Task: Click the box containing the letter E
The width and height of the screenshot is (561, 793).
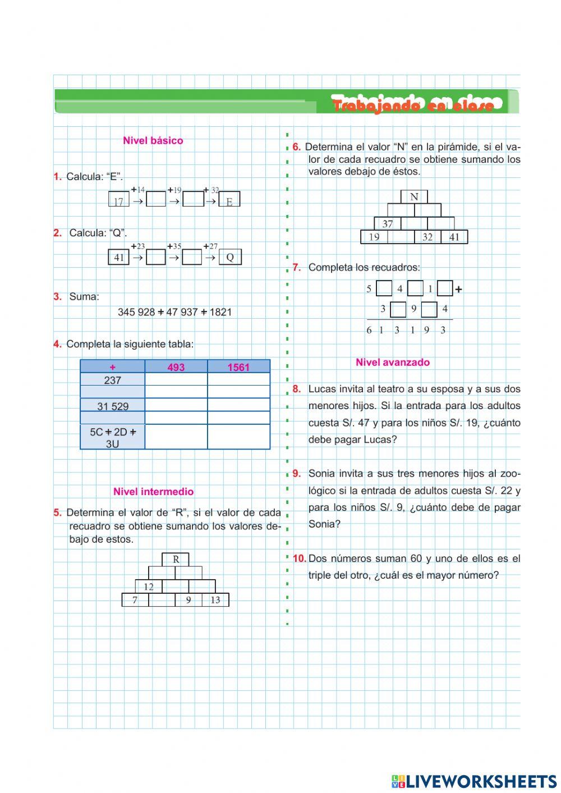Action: click(229, 200)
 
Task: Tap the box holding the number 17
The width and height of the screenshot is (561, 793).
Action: click(118, 200)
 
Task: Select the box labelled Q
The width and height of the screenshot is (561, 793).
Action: click(229, 258)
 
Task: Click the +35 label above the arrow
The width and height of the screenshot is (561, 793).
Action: click(174, 246)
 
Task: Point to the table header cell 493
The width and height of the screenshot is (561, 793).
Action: click(176, 367)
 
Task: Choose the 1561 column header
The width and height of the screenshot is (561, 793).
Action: click(238, 367)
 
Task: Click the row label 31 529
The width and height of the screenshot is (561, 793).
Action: click(113, 406)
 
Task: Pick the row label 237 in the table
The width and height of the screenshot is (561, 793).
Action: click(113, 381)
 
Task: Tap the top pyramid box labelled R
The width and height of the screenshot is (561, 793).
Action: click(176, 560)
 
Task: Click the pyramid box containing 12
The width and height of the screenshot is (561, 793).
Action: click(149, 587)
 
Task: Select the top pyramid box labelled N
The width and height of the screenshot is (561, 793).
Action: click(414, 197)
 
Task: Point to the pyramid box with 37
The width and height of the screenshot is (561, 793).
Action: click(388, 224)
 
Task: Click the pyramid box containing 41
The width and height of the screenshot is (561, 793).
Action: click(454, 237)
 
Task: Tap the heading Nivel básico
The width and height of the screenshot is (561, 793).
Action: click(153, 141)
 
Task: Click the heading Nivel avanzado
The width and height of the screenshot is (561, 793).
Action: click(393, 363)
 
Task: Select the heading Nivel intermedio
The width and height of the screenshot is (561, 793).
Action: click(153, 492)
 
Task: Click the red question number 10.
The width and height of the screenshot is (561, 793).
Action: click(299, 558)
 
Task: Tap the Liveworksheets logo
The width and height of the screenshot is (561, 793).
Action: click(473, 781)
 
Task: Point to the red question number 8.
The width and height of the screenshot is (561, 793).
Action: click(297, 389)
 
